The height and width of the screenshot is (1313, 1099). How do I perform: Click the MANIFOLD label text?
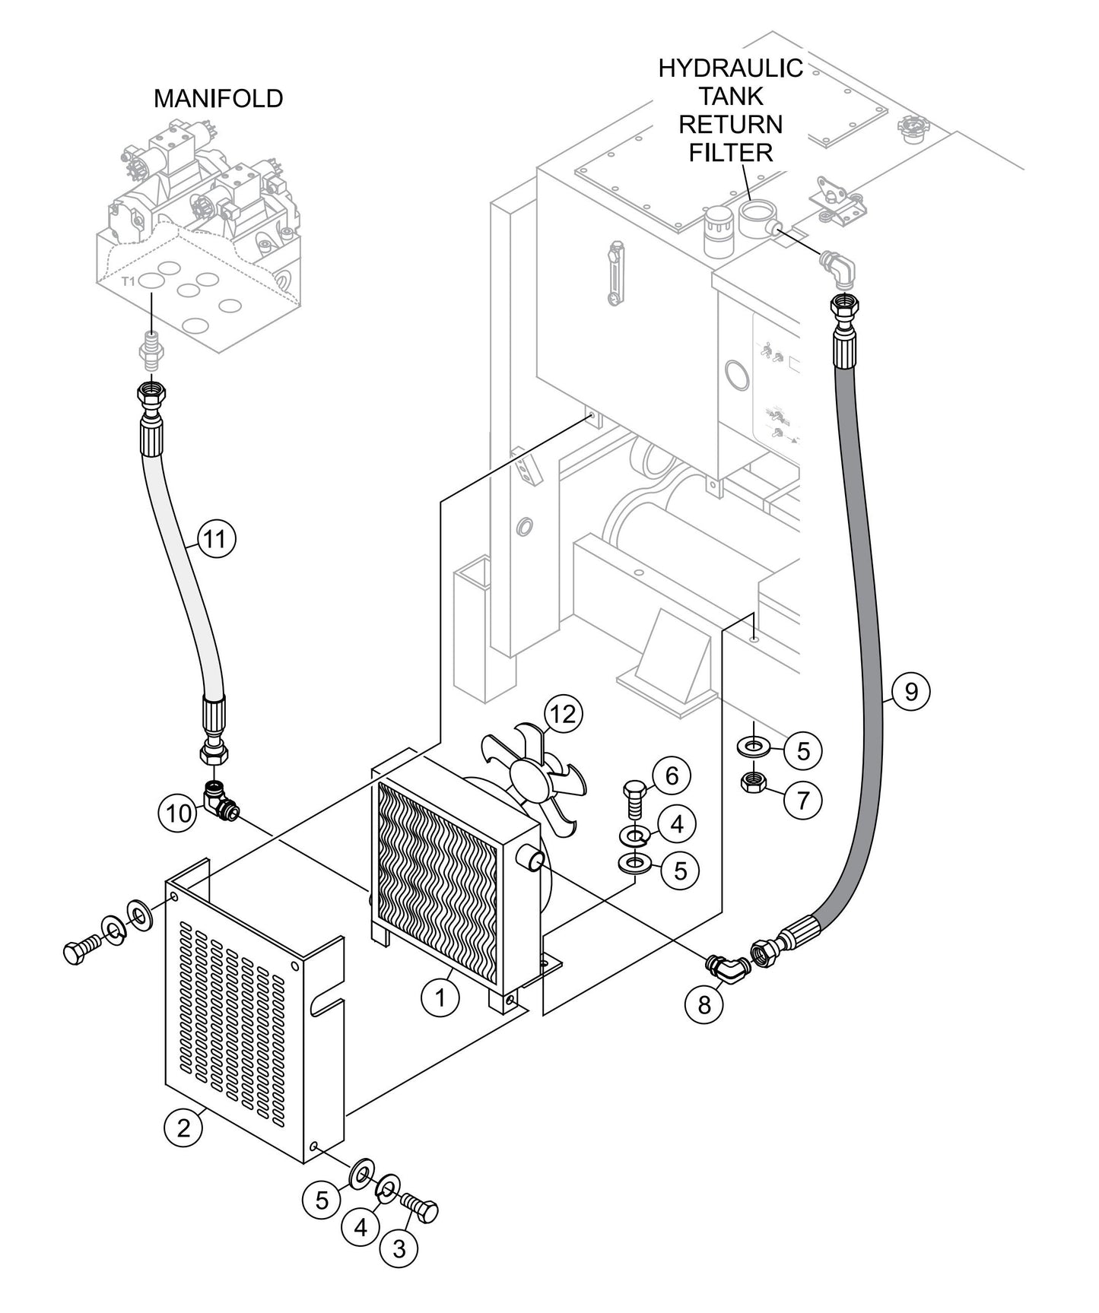coord(218,99)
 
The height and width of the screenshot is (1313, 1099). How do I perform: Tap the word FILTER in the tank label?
coord(730,152)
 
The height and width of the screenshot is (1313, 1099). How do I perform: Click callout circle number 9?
coord(910,691)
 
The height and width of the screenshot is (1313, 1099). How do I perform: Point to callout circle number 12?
coord(564,714)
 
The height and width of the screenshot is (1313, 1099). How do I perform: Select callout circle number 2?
coord(184,1127)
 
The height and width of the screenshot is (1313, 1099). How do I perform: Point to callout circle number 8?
coord(704,1004)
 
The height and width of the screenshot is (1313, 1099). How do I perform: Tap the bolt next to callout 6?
coord(634,800)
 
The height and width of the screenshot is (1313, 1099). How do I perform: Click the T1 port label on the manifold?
coord(129,281)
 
